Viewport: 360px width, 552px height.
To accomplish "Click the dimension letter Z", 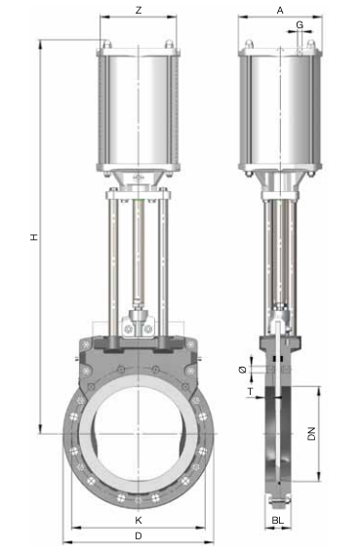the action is tap(139, 10).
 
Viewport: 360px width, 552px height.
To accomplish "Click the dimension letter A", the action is tap(280, 11).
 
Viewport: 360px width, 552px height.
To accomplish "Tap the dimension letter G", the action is tap(300, 24).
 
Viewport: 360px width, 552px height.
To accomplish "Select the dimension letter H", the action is tap(34, 237).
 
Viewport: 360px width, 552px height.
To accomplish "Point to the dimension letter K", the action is tap(139, 520).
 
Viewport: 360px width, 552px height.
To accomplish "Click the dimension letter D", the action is tap(139, 535).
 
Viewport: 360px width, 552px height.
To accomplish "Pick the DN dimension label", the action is tap(311, 434).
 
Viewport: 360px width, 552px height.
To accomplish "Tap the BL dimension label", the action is tap(278, 520).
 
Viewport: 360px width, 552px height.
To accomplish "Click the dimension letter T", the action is tap(250, 391).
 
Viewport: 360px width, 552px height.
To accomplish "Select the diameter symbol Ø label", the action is tap(243, 370).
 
